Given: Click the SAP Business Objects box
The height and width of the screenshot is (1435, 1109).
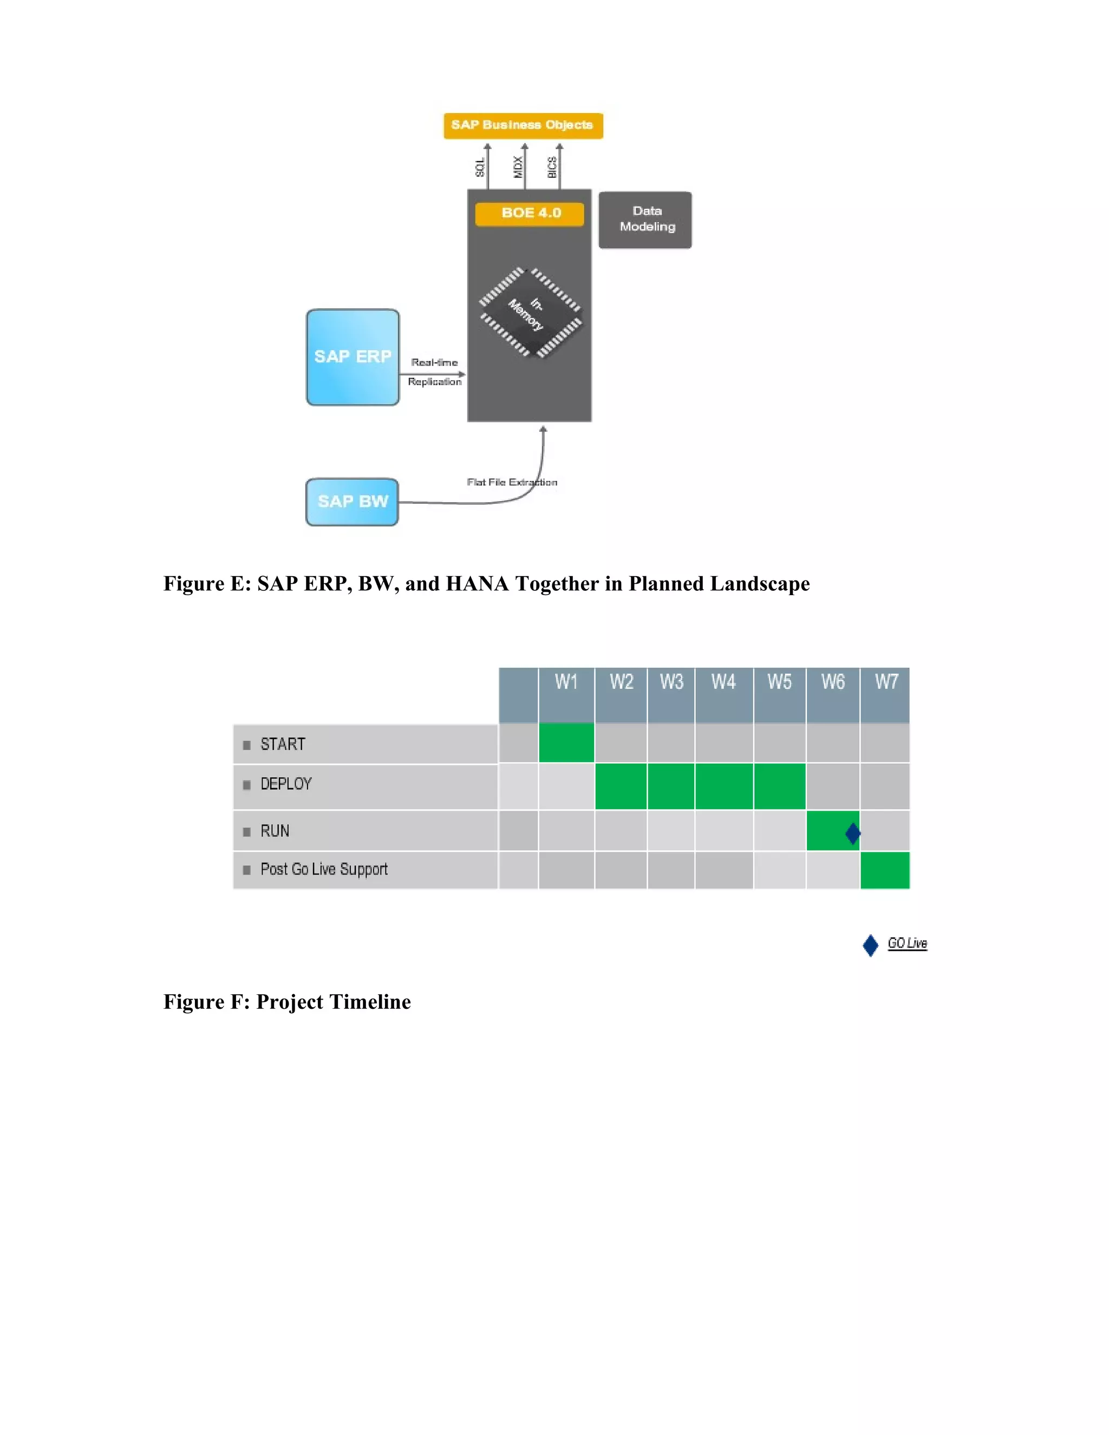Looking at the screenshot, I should tap(523, 126).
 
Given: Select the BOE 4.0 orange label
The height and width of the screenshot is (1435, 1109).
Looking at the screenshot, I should tap(530, 213).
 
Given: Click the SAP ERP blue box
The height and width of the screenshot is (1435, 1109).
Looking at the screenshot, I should tap(353, 357).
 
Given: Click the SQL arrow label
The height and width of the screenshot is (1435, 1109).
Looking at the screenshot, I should tap(480, 167).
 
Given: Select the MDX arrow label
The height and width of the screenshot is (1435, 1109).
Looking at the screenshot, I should tap(518, 167).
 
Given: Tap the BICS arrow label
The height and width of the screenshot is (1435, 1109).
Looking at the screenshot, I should tap(552, 167).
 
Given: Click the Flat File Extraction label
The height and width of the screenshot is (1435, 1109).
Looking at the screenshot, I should tap(512, 482).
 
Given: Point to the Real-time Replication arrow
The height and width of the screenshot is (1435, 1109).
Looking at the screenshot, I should tap(434, 374).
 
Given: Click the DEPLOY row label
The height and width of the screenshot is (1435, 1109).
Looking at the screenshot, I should tap(286, 784).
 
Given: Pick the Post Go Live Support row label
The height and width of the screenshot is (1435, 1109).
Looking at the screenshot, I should tap(324, 869).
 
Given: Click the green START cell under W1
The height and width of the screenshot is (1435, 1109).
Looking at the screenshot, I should tap(566, 743).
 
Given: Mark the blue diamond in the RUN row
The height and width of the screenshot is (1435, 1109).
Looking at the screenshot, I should tap(853, 833).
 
